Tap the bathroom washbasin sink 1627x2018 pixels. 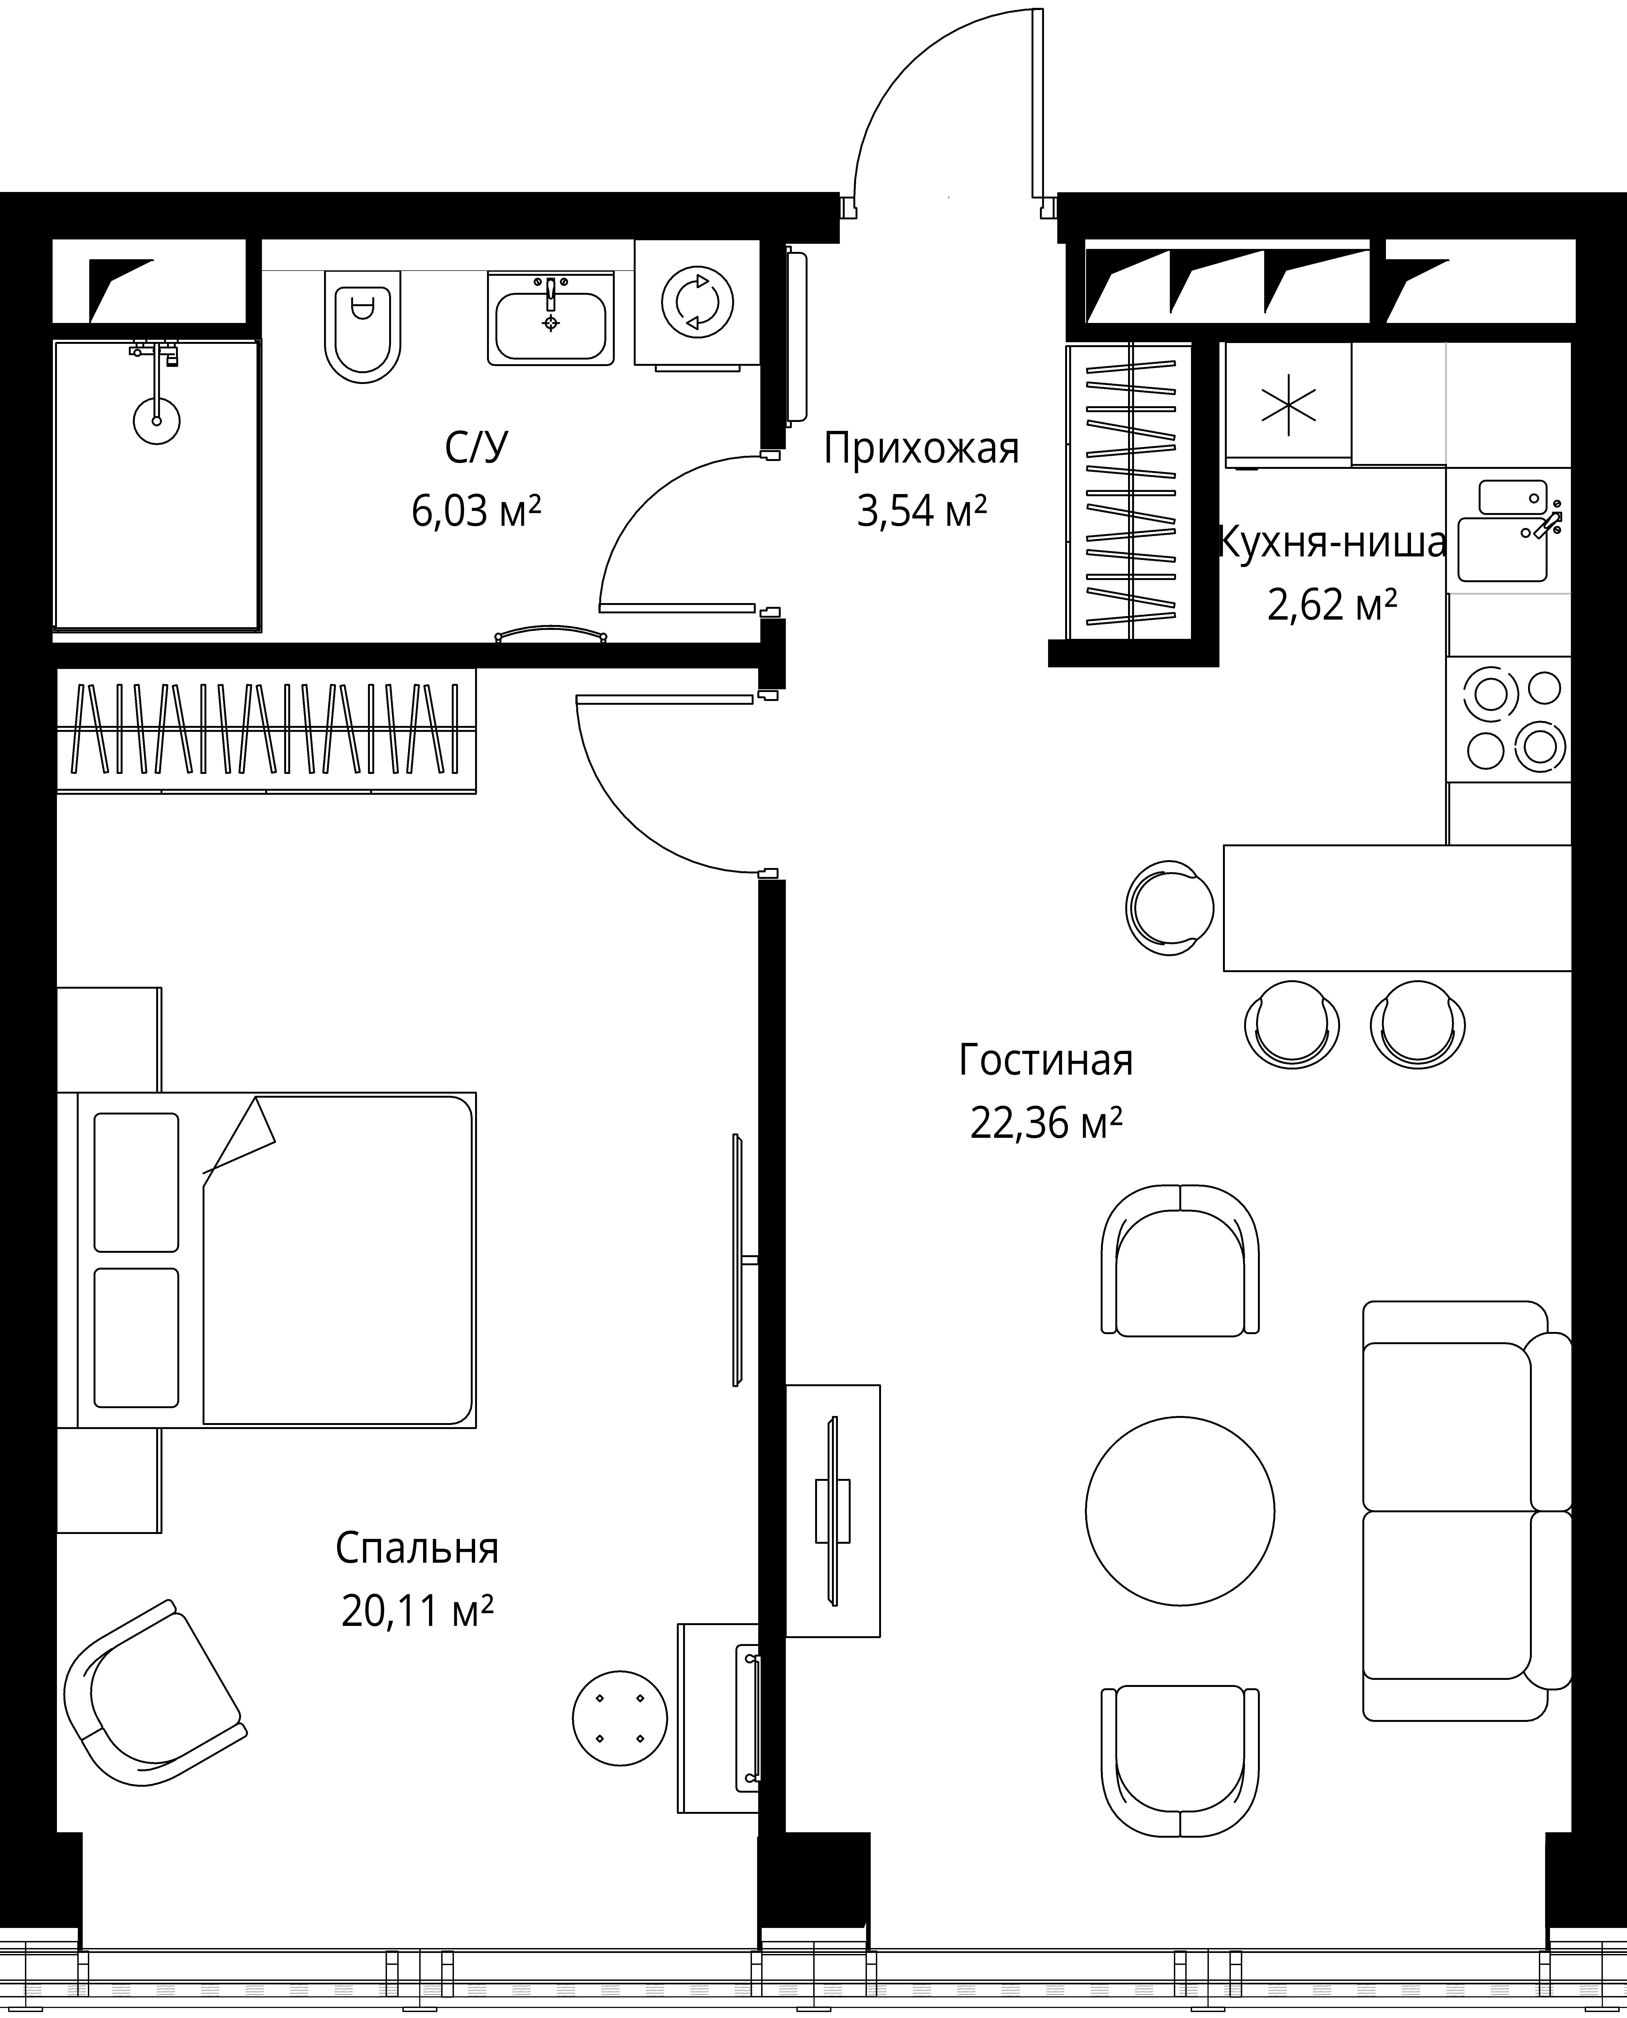[x=550, y=319]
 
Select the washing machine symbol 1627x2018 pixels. [x=697, y=302]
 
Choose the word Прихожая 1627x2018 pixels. [x=921, y=449]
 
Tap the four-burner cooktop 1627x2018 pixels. [x=1509, y=719]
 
